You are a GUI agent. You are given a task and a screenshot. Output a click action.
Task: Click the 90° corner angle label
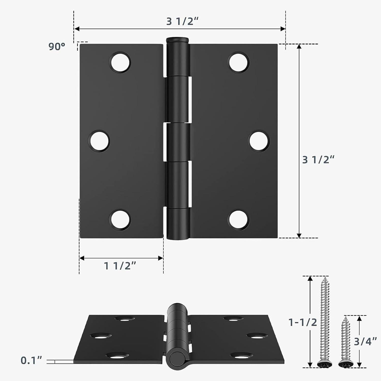pyautogui.click(x=57, y=46)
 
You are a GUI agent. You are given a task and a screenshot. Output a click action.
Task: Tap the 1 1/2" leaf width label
pyautogui.click(x=120, y=266)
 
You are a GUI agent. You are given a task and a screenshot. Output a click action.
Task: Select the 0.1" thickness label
pyautogui.click(x=31, y=360)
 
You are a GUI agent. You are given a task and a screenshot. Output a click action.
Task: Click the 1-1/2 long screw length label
pyautogui.click(x=303, y=322)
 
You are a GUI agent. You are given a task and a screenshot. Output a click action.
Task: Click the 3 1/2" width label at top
pyautogui.click(x=182, y=22)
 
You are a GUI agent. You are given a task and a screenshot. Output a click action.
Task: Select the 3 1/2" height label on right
pyautogui.click(x=318, y=160)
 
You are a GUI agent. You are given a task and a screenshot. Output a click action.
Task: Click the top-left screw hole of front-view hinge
pyautogui.click(x=120, y=62)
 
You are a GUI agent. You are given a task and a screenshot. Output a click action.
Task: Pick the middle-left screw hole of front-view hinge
pyautogui.click(x=99, y=141)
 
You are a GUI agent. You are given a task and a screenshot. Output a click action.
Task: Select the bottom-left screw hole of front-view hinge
pyautogui.click(x=120, y=220)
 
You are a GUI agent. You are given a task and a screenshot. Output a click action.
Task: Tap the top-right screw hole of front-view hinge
pyautogui.click(x=239, y=62)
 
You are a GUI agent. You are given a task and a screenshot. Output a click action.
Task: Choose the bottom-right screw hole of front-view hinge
pyautogui.click(x=239, y=220)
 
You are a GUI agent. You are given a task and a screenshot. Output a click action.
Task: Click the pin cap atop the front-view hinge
pyautogui.click(x=178, y=40)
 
